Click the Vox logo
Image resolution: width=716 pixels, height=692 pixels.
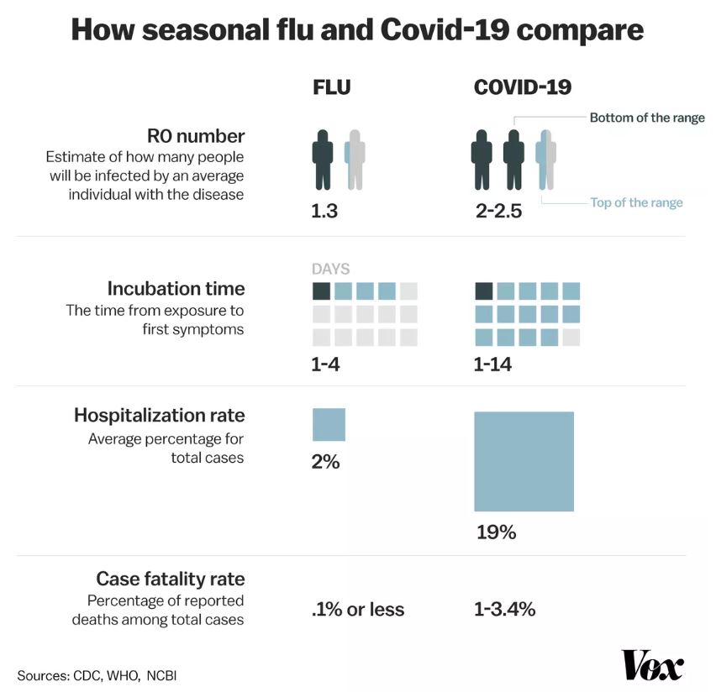[652, 664]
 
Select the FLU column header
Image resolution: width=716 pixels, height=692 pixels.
[331, 87]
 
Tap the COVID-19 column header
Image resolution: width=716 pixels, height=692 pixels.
[523, 87]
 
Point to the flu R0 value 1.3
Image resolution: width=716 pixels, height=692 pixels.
[324, 211]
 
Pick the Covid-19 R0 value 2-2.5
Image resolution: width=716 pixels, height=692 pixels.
[498, 211]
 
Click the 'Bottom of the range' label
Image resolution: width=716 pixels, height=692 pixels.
[646, 118]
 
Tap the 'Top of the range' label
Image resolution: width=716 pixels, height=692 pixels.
[636, 202]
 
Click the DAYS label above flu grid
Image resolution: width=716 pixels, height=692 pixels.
[330, 270]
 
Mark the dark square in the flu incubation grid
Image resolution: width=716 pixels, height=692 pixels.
[321, 291]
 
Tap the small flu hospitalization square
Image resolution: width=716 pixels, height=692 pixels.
[329, 424]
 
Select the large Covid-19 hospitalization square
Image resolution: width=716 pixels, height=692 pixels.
[524, 461]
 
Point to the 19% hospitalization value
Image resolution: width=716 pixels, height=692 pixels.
[495, 532]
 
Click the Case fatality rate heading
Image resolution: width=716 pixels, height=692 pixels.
[171, 579]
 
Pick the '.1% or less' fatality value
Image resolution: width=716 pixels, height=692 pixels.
[358, 610]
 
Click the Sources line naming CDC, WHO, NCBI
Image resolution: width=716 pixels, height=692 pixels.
[97, 675]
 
